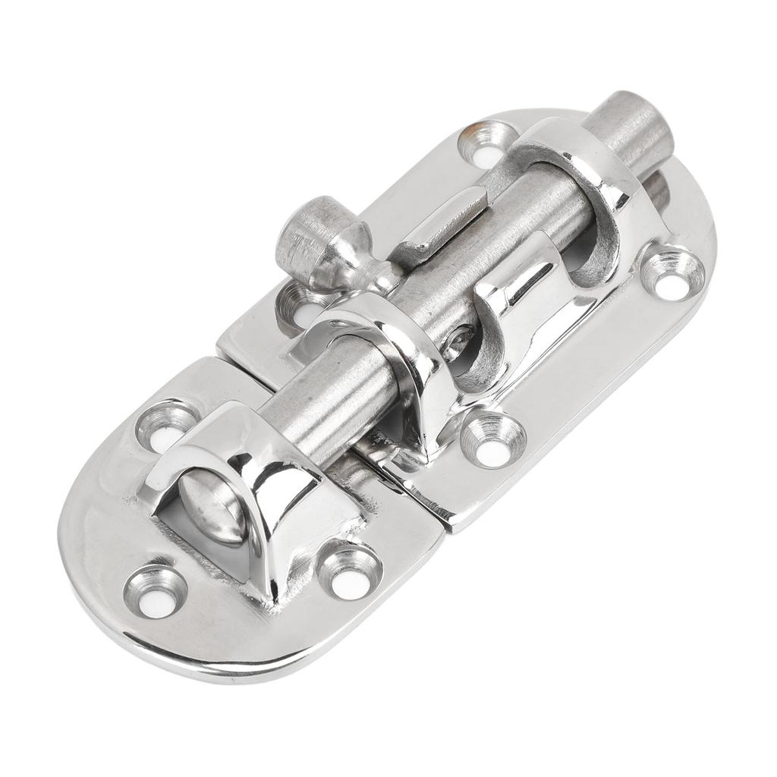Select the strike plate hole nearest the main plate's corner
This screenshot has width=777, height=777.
click(350, 571)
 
